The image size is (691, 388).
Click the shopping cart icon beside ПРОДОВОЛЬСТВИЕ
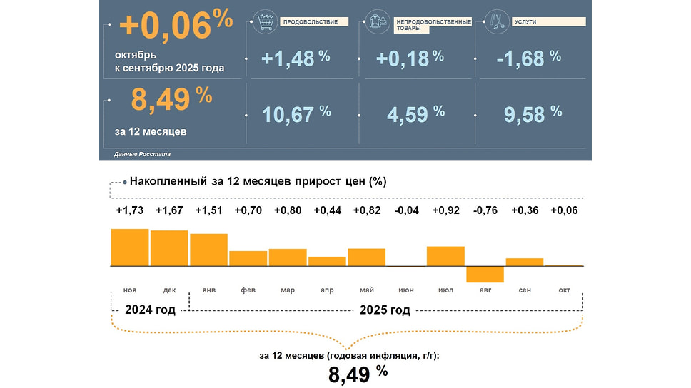[265, 22]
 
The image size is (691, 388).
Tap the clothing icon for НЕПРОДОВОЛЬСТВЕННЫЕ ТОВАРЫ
[376, 22]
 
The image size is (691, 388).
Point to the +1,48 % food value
[295, 58]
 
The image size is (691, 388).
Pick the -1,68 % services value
[529, 58]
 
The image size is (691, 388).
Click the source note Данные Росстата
[142, 154]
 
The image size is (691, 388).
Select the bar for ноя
[130, 247]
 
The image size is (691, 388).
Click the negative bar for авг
[485, 274]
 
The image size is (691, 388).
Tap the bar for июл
[445, 256]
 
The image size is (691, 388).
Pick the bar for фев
[248, 258]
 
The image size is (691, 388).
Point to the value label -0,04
[406, 210]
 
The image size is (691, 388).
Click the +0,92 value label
[445, 210]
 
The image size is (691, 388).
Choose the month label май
[367, 290]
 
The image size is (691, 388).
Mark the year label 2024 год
[149, 310]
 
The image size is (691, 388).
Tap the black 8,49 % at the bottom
[358, 372]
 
